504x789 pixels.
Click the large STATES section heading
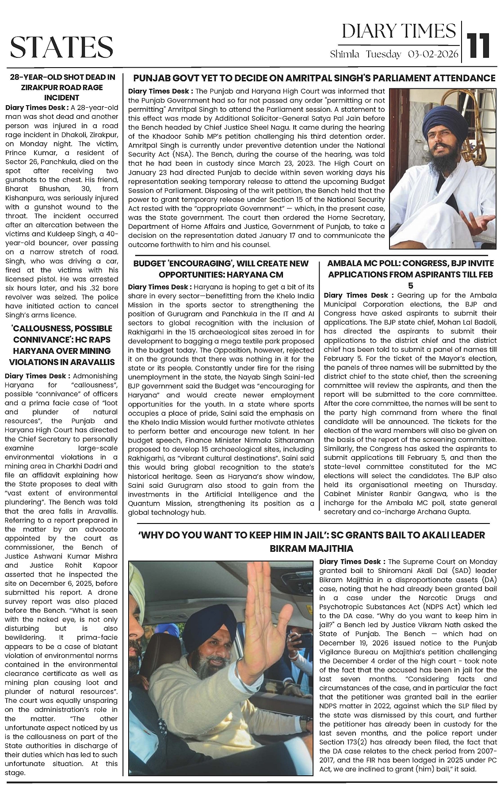click(x=61, y=47)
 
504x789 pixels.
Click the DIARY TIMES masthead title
click(x=398, y=31)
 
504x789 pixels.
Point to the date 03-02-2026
click(x=433, y=54)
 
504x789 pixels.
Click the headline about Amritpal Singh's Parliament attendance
click(x=314, y=78)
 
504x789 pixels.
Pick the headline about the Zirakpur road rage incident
click(x=62, y=87)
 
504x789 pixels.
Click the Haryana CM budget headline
click(x=221, y=269)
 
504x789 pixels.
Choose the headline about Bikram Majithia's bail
click(x=314, y=542)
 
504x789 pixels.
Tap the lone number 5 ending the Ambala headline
click(x=411, y=285)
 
